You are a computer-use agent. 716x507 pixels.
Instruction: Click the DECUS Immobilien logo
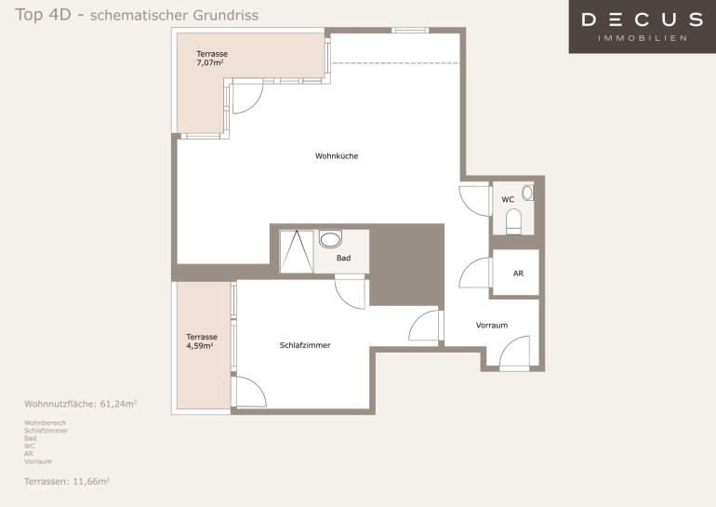[642, 26]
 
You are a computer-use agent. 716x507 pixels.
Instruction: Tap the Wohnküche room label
[337, 156]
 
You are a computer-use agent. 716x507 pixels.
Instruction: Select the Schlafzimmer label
[305, 345]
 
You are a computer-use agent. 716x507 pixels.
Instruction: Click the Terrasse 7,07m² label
[212, 58]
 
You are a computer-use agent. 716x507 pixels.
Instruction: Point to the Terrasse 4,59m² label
[202, 341]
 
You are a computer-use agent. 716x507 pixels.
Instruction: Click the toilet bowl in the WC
[513, 221]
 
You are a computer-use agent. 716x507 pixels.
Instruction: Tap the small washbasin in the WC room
[527, 193]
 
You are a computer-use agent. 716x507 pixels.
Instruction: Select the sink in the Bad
[330, 239]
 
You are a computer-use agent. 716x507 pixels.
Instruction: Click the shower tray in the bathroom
[297, 252]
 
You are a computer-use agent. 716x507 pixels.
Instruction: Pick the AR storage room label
[518, 274]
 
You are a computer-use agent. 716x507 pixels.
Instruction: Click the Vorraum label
[492, 326]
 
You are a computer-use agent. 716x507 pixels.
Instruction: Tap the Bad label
[343, 258]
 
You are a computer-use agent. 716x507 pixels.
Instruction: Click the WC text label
[508, 200]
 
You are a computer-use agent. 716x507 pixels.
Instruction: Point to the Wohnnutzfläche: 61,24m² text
[80, 404]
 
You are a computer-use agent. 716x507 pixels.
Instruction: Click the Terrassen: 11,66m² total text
[67, 481]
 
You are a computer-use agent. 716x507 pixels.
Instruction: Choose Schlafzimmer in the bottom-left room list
[46, 431]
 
